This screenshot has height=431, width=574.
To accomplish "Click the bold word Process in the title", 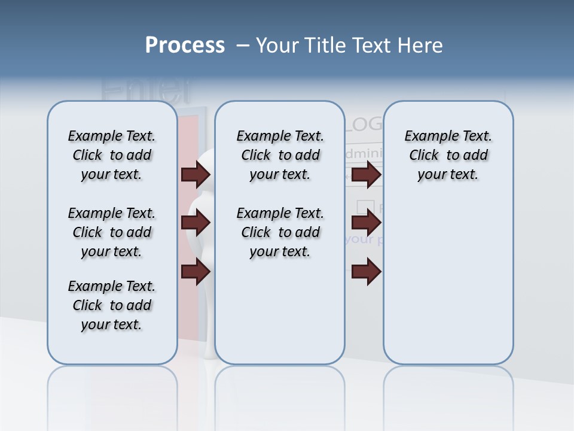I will (x=185, y=45).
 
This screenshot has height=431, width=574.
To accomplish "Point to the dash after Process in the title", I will (x=243, y=45).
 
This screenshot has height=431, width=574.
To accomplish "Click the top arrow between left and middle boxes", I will (x=196, y=174).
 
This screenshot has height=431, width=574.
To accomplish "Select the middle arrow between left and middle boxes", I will (x=196, y=223).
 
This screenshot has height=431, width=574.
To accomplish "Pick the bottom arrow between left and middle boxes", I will (x=196, y=272).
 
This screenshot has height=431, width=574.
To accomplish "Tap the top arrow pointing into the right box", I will (x=366, y=174).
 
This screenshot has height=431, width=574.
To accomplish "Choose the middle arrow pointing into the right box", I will (x=366, y=223).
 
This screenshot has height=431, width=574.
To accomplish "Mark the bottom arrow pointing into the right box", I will (x=366, y=272).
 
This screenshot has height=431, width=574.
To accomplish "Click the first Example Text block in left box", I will (x=112, y=155).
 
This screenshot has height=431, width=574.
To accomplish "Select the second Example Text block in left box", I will (x=112, y=232).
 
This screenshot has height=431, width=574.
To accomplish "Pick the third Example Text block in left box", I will (x=112, y=305).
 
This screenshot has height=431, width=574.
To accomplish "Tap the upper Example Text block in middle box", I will (x=280, y=155).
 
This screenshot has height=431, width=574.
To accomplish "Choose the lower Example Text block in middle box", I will (x=280, y=232).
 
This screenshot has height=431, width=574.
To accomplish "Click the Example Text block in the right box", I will (x=448, y=155).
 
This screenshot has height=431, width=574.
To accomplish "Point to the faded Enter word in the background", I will (x=146, y=90).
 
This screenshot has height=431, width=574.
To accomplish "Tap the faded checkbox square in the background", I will (x=365, y=207).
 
